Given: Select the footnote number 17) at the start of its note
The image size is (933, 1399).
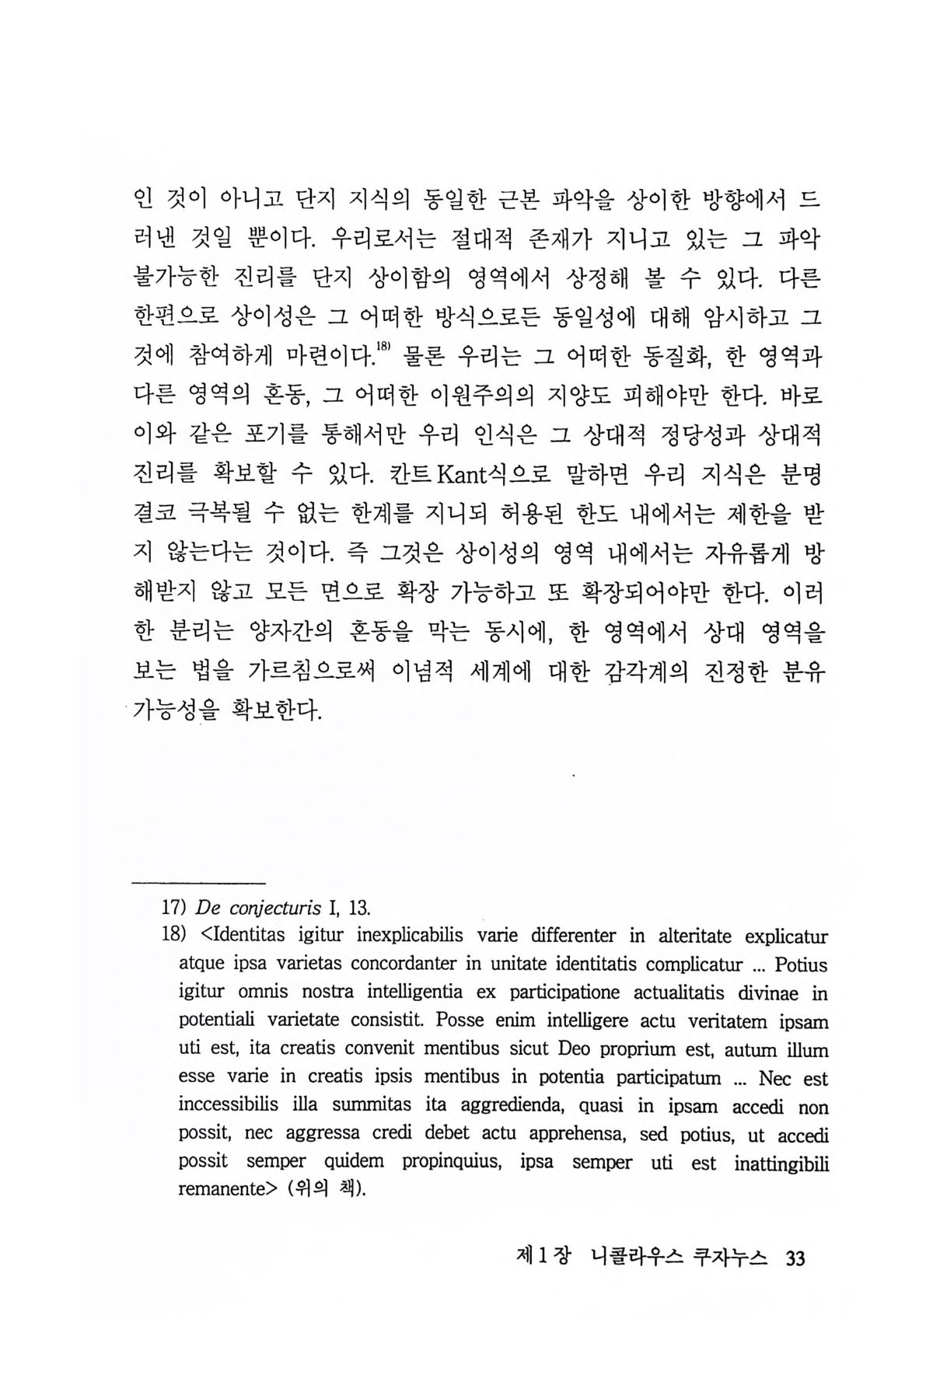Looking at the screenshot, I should (172, 907).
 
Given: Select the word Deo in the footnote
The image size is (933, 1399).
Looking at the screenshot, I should (575, 1049).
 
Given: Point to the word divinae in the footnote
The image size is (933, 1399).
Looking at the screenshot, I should (781, 993).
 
